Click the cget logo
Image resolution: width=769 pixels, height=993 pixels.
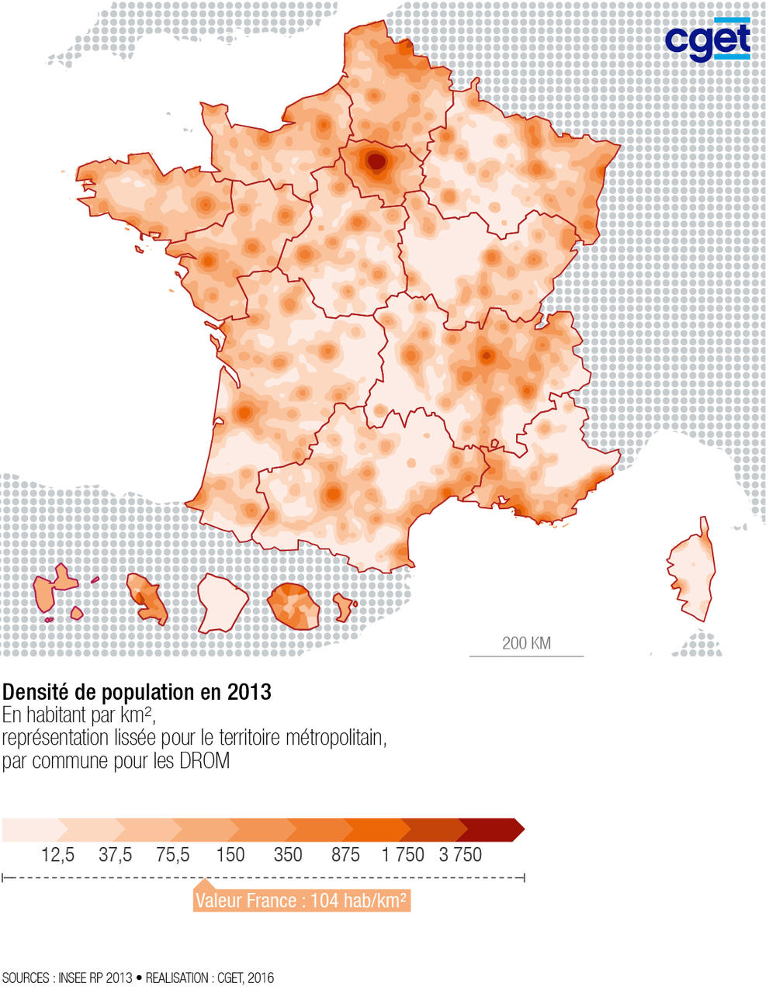[708, 40]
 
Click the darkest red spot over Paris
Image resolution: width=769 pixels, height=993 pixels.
[376, 162]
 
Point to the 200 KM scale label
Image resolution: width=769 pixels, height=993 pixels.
[526, 643]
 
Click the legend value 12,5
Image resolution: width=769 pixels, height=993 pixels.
[58, 855]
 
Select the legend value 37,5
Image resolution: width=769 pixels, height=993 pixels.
[116, 855]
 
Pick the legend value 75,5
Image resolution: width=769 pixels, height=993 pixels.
[173, 855]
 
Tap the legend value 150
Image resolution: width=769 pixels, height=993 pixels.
[230, 855]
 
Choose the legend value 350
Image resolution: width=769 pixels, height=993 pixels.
[288, 855]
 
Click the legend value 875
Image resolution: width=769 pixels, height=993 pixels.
[345, 855]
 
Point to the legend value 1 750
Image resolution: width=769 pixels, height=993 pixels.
[403, 855]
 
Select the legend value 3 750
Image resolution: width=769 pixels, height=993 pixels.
[460, 855]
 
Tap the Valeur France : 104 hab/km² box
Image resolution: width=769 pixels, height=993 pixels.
[301, 901]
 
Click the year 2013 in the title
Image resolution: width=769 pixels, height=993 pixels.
[249, 691]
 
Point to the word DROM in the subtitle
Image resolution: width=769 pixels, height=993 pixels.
[204, 761]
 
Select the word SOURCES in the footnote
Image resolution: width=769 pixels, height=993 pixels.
[26, 978]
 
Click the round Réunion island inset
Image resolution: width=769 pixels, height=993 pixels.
[294, 606]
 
